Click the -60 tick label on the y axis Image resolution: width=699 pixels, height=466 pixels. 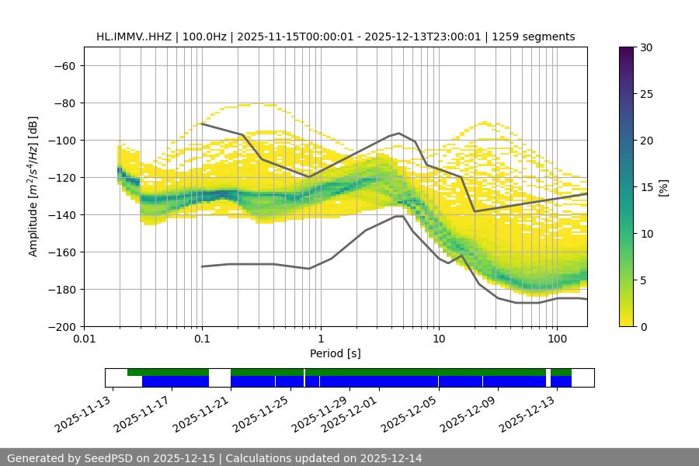[64, 65]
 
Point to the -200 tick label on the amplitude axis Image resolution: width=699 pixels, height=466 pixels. [61, 326]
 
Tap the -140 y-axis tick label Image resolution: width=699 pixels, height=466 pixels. [61, 214]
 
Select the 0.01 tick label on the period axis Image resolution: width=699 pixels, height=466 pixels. [84, 339]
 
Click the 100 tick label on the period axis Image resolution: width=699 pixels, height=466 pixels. [556, 339]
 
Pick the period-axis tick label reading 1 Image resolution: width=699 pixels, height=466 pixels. [320, 339]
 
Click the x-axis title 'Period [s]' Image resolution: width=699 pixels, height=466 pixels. [335, 353]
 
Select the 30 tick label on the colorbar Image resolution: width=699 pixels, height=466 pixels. [647, 47]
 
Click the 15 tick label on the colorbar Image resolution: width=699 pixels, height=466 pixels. [647, 187]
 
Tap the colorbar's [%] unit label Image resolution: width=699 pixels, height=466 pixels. [662, 187]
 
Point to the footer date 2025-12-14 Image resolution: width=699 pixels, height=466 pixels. [392, 458]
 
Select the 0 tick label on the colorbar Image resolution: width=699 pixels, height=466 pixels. [644, 326]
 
